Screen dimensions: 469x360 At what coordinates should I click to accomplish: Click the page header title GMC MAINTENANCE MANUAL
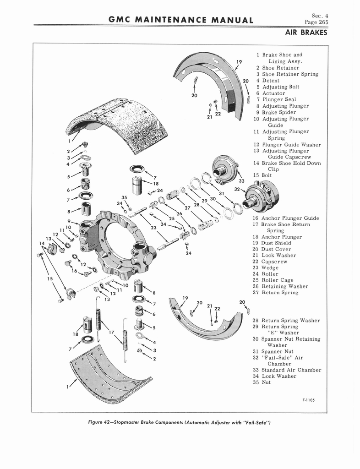point(180,20)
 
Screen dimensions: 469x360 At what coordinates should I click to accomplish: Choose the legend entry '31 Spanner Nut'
point(278,351)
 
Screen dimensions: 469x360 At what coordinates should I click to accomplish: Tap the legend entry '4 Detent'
point(271,80)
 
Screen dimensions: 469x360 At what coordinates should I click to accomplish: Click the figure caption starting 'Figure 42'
point(180,422)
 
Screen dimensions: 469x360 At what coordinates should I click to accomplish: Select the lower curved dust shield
point(206,321)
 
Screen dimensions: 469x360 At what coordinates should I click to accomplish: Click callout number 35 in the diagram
point(124,197)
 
